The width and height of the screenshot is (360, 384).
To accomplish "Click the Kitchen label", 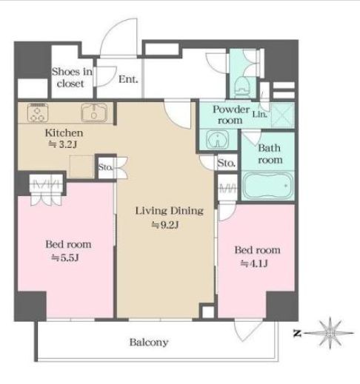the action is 64,133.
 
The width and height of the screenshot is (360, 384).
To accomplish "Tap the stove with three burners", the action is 38,112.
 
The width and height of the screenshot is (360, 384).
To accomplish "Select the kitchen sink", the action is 94,112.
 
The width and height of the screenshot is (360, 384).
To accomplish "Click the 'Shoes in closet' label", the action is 72,78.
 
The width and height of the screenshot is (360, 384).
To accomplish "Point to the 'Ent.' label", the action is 128,79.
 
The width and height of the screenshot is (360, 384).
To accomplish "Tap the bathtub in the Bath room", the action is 267,185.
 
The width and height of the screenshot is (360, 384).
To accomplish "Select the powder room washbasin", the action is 218,140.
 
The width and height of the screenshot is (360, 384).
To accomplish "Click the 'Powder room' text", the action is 231,115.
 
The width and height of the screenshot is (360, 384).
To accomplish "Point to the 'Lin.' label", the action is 259,115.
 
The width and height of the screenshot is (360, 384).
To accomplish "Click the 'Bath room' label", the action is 270,154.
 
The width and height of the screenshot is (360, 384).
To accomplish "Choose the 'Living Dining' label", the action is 170,211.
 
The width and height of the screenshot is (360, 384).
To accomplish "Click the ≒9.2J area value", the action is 164,225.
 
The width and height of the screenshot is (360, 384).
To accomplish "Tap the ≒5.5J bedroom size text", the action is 64,258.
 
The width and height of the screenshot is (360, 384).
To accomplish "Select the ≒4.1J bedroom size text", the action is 254,264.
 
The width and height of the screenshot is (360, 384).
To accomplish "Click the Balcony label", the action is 149,343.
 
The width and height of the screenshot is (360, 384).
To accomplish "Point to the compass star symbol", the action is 330,333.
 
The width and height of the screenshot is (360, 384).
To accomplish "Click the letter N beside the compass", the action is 297,334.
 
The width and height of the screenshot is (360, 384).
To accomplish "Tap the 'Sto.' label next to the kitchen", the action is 105,167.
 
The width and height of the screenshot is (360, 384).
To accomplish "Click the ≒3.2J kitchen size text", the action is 63,144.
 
